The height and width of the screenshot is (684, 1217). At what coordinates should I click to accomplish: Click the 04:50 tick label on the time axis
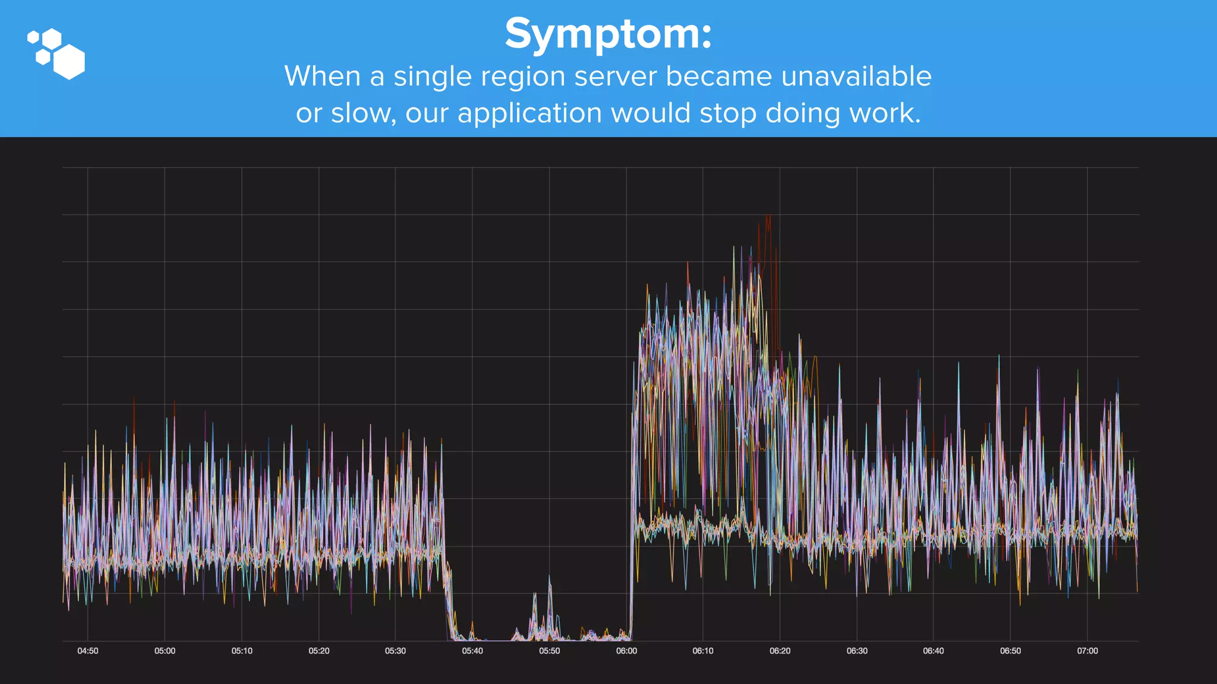88,651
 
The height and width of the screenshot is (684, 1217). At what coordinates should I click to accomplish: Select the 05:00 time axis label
165,651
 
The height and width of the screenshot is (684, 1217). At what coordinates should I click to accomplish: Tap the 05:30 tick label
395,651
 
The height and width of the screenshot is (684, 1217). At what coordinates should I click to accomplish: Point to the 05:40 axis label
472,651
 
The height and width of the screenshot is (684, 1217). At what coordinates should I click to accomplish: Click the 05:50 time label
549,651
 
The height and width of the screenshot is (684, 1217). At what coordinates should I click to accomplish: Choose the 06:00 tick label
626,651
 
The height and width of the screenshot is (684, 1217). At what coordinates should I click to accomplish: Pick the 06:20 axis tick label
780,651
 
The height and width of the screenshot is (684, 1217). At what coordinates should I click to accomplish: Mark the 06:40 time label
933,651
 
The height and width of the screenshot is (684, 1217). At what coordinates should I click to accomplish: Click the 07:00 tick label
1087,651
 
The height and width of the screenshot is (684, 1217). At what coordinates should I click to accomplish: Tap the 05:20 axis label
319,651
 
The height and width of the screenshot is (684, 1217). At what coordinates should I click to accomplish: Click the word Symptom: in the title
608,34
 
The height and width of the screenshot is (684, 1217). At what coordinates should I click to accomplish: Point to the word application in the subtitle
529,113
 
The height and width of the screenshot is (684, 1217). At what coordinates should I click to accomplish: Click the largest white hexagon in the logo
69,62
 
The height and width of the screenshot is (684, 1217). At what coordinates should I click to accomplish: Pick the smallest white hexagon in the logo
33,37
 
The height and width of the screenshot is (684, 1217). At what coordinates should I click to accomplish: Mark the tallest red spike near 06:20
769,217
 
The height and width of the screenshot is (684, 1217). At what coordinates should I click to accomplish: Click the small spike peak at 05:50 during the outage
549,577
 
